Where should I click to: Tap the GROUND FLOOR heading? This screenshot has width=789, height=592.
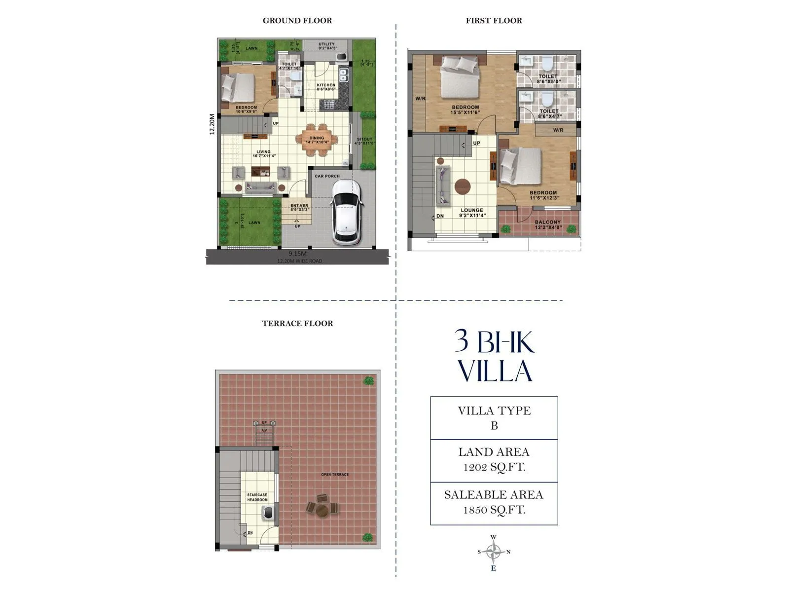297,21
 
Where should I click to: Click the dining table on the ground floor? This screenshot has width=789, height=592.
317,140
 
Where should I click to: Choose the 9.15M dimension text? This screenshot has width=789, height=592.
297,254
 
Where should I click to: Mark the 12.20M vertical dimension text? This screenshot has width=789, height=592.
212,124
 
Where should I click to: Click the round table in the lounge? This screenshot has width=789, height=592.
462,187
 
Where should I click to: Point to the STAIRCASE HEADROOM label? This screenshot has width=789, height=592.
257,497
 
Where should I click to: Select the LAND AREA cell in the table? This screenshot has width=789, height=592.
494,460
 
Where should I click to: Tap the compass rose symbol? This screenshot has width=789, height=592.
494,552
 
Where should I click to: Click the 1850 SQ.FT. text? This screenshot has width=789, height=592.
494,510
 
